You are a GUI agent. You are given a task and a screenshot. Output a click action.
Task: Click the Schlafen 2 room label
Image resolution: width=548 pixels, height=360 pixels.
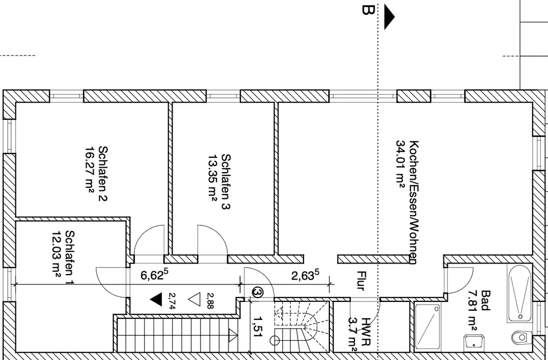tap(103, 173)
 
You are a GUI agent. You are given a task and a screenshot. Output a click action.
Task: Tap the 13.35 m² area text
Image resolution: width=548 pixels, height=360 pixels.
tap(213, 178)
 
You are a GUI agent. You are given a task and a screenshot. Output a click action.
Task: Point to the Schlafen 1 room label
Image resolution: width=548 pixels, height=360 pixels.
tap(70, 257)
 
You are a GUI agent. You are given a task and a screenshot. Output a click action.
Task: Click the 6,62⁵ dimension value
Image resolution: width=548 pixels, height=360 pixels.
tap(155, 275)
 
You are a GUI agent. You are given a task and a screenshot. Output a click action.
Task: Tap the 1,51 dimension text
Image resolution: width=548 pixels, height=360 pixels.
tap(258, 327)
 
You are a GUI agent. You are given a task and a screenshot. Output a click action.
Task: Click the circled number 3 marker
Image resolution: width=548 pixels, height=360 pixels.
tap(258, 292)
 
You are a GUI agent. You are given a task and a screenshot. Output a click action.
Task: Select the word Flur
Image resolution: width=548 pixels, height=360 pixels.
tap(361, 281)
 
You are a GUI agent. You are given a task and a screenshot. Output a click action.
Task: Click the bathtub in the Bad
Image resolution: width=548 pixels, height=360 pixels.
tap(520, 294)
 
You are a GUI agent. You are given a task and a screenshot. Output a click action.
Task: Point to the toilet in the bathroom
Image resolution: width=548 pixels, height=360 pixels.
tap(522, 338)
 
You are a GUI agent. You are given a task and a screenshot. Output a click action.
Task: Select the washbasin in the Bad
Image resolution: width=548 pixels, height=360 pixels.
tap(474, 342)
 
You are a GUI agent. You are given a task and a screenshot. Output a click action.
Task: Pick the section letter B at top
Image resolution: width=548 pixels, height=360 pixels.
tap(368, 10)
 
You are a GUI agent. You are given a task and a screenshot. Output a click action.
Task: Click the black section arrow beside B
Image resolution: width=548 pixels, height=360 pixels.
tap(389, 17)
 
